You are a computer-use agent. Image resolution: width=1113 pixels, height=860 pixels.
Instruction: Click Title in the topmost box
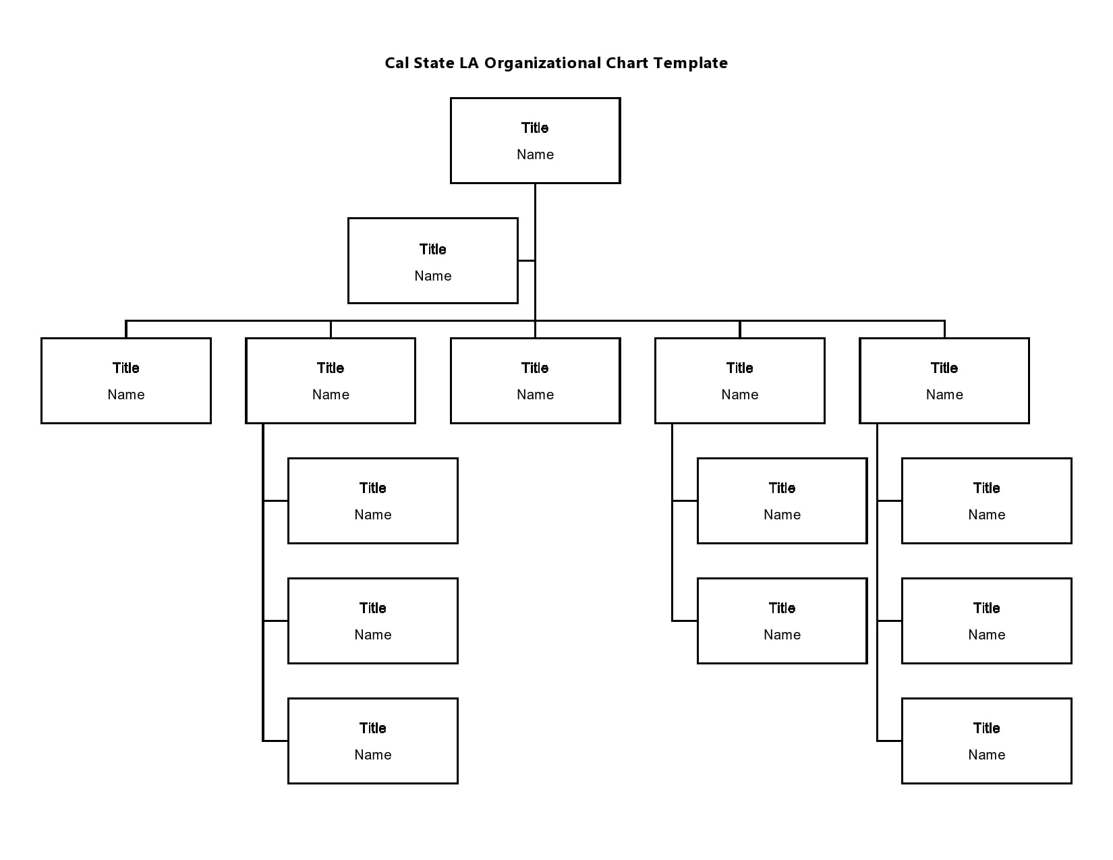click(x=535, y=128)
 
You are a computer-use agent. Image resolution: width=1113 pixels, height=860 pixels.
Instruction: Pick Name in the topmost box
click(x=535, y=154)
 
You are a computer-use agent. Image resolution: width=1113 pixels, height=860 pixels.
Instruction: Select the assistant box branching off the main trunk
click(x=432, y=260)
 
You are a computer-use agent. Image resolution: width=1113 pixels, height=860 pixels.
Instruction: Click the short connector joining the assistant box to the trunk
click(x=526, y=260)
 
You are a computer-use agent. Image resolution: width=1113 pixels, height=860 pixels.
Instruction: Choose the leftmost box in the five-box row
click(x=126, y=380)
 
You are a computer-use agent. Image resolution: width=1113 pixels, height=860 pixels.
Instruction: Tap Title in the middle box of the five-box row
click(x=535, y=368)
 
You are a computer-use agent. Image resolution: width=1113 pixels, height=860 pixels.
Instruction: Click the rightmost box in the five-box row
click(x=944, y=380)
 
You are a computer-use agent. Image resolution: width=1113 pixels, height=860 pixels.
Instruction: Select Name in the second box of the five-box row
click(x=331, y=395)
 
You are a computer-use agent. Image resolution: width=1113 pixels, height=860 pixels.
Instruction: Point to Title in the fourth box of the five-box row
click(x=739, y=368)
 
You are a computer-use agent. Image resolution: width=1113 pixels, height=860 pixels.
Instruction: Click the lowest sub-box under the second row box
click(x=372, y=741)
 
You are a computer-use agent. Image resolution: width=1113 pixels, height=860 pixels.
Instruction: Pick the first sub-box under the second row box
click(x=372, y=500)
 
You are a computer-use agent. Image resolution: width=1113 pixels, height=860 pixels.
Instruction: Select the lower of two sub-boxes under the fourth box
click(x=782, y=621)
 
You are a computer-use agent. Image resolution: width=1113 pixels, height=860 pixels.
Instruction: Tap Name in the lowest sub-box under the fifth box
click(x=986, y=755)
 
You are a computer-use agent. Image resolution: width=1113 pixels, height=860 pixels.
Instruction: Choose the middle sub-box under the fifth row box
click(x=986, y=621)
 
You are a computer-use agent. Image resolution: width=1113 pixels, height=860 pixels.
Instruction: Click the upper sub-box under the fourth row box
click(x=782, y=500)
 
